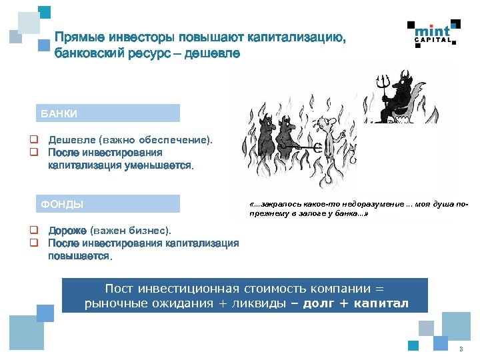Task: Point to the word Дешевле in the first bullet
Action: [x=72, y=140]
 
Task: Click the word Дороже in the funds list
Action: [x=67, y=231]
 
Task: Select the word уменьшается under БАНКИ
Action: [x=160, y=165]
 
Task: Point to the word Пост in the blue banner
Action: [x=120, y=289]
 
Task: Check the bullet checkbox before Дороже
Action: [x=32, y=231]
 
